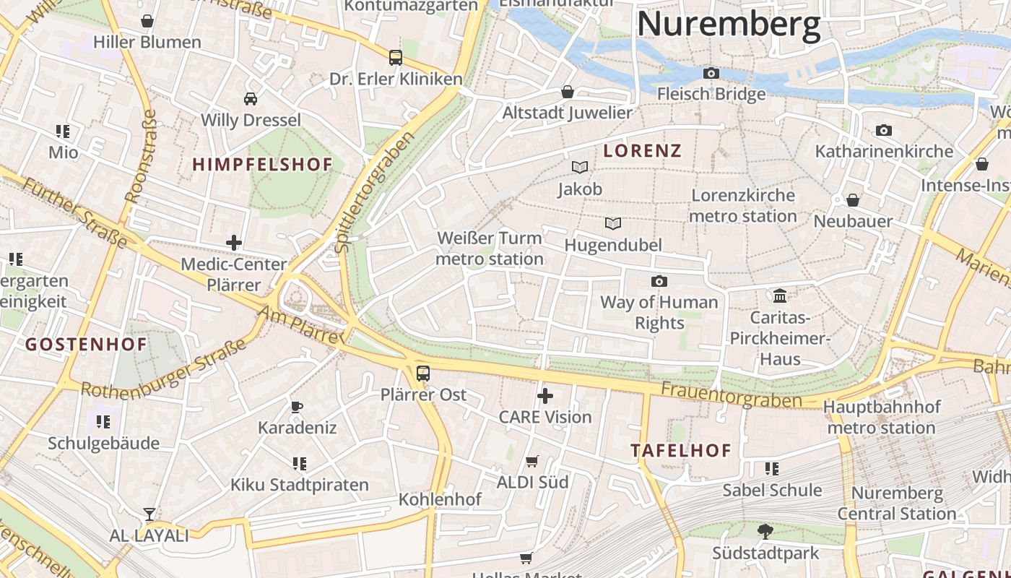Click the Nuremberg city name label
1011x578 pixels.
pos(728,23)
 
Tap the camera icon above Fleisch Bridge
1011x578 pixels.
pos(711,73)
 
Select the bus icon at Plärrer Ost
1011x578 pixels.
pos(423,374)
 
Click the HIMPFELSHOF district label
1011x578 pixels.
pos(262,165)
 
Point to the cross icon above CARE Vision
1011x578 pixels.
pos(545,396)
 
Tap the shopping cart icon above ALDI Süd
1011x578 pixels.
pos(532,461)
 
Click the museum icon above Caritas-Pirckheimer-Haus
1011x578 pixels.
pos(780,296)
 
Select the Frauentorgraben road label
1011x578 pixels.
pos(731,395)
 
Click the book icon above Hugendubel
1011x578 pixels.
pos(613,224)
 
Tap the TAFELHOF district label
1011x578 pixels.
pos(681,451)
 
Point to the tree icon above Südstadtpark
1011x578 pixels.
pos(765,532)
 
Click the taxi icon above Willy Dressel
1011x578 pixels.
pos(251,99)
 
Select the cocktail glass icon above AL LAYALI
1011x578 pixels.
pos(149,514)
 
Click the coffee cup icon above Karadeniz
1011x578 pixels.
pos(297,407)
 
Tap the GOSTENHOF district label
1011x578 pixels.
pos(87,345)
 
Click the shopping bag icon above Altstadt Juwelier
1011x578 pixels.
pos(568,92)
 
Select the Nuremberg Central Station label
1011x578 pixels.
pos(897,504)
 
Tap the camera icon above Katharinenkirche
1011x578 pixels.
pos(883,131)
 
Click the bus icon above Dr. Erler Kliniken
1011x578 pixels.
pos(395,57)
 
